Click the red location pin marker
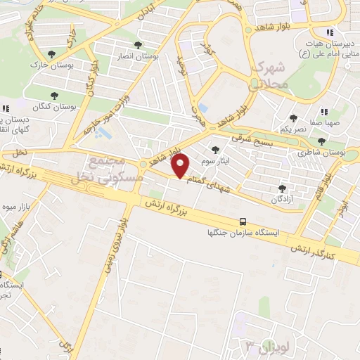point(181,166)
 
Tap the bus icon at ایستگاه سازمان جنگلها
point(243,221)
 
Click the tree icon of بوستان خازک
point(51,53)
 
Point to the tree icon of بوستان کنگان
point(55,96)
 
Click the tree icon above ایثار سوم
point(215,149)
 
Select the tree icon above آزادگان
point(283,188)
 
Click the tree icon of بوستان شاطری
point(321,141)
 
